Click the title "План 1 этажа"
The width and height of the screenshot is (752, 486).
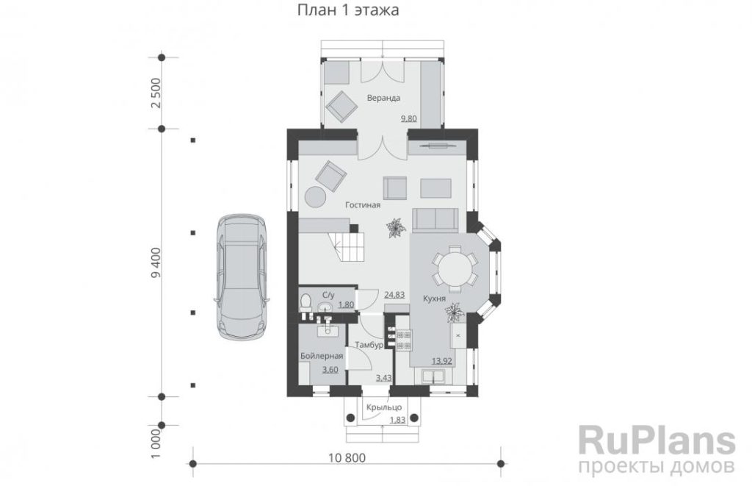(348, 10)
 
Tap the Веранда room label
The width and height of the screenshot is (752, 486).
(383, 98)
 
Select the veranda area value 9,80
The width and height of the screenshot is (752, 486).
(408, 118)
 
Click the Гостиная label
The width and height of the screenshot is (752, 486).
(363, 205)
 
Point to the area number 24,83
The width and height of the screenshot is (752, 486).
(394, 294)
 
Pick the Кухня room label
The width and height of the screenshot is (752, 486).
(434, 299)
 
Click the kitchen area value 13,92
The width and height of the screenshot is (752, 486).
(442, 361)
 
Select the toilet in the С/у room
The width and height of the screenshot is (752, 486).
(305, 302)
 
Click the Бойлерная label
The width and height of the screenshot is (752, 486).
(322, 356)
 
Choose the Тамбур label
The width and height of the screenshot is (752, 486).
(369, 345)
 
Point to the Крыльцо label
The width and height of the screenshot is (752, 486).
(383, 407)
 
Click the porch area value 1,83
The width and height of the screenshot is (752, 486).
(397, 420)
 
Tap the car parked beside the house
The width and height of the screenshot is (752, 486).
(242, 277)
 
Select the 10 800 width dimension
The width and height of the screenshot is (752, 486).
(347, 457)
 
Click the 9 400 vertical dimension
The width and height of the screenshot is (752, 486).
(156, 262)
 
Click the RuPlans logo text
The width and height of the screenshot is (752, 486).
(657, 440)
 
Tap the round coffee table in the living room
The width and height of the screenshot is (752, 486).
(316, 196)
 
